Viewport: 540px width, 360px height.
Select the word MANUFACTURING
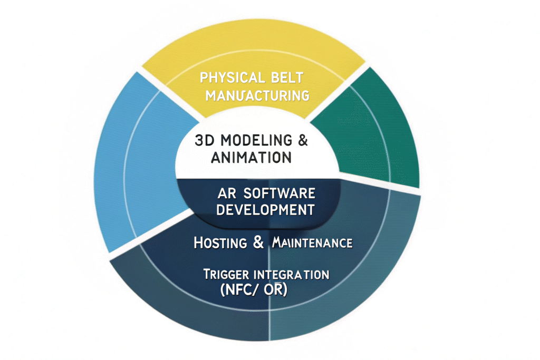[x=257, y=95]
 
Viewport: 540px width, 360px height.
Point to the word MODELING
[x=255, y=141]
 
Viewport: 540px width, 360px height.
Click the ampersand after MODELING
[x=302, y=141]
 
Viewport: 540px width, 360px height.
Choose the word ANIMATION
[x=251, y=157]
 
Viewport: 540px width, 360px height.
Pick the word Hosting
[x=220, y=243]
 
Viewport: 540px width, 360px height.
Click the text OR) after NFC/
[x=275, y=290]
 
